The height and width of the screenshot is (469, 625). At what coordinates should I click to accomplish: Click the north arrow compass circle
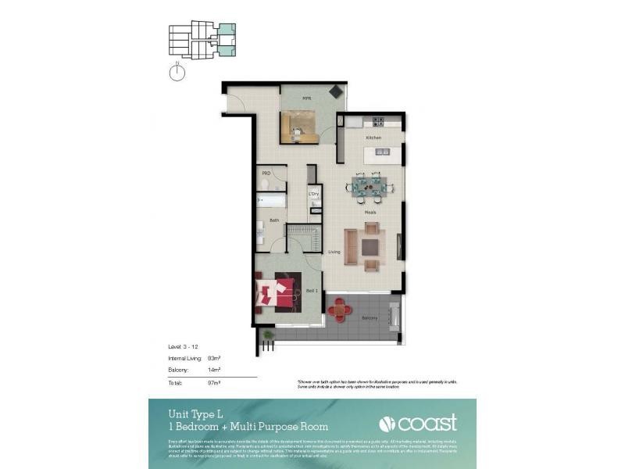pos(178,73)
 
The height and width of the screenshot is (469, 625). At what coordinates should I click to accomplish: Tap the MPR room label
pos(308,99)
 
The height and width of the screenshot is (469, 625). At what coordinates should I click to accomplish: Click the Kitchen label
pos(373,138)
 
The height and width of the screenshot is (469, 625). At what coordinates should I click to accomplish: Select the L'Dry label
pos(314,193)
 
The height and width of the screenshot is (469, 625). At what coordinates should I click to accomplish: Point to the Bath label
pos(274,220)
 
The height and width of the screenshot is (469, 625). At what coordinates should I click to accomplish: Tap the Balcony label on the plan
pos(370,318)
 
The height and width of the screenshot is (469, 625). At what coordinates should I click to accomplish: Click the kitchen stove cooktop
pos(377,121)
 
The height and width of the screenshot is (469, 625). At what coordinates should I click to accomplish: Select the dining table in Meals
pos(367,186)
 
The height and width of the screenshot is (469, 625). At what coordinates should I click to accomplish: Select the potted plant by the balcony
pos(269,335)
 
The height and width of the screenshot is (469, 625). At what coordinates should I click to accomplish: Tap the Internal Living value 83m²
pos(213,357)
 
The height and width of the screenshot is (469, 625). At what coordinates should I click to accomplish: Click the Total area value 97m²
pos(213,382)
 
